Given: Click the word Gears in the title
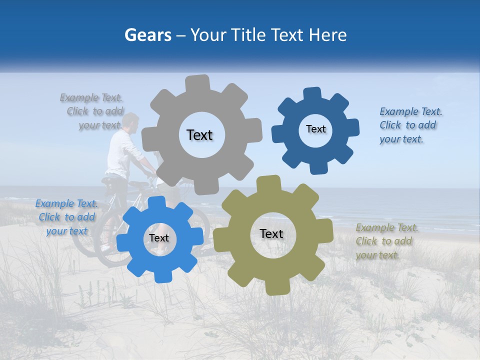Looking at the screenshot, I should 148,35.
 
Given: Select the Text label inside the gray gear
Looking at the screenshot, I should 199,135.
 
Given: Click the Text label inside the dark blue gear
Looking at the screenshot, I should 315,129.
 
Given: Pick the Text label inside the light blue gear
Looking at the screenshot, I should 159,238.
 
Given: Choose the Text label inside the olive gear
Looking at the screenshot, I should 271,233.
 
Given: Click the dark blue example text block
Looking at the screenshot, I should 410,125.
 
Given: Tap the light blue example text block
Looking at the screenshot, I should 66,217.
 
